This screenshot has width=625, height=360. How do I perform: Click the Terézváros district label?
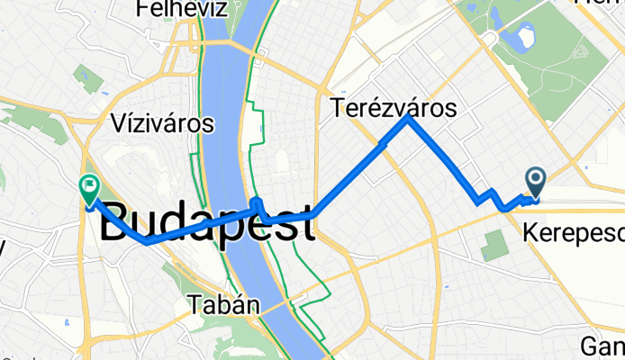tap(394, 108)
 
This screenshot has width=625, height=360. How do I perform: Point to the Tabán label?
tap(224, 306)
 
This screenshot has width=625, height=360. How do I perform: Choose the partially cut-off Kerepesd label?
tap(573, 234)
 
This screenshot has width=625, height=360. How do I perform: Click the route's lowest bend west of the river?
tap(145, 241)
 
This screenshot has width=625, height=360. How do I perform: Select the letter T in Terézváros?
tap(340, 109)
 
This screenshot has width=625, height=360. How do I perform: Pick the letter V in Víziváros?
tap(116, 121)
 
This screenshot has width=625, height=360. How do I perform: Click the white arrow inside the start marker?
tap(536, 179)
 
